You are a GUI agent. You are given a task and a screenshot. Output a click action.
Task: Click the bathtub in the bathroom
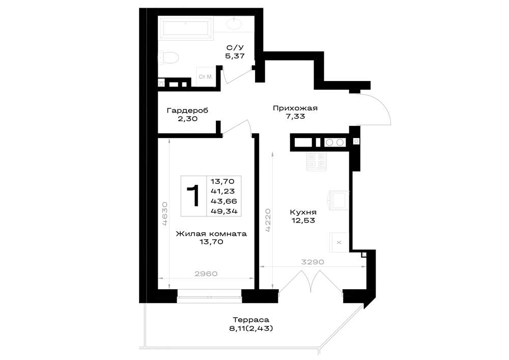(185, 28)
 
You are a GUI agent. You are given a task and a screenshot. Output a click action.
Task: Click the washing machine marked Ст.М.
(205, 77)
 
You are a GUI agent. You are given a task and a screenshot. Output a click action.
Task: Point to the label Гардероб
(187, 110)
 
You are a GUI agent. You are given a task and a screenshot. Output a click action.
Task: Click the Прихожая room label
(295, 108)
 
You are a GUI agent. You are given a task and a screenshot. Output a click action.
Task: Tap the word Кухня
(303, 212)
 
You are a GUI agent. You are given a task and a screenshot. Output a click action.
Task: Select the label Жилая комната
(211, 234)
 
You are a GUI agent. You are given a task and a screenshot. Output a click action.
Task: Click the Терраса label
(251, 320)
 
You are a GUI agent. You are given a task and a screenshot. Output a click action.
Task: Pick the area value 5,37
(235, 56)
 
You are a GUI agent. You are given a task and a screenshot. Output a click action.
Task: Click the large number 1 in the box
(193, 196)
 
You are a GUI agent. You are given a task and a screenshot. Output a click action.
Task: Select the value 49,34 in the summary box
(224, 212)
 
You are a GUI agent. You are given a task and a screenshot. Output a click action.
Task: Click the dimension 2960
(206, 273)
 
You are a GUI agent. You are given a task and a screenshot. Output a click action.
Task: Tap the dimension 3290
(313, 262)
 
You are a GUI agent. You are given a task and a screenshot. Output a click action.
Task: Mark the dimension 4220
(268, 220)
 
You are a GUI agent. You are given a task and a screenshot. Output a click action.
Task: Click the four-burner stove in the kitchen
(316, 161)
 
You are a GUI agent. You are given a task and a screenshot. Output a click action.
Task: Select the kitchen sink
(339, 200)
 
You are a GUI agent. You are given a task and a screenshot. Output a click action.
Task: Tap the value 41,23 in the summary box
(223, 191)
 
